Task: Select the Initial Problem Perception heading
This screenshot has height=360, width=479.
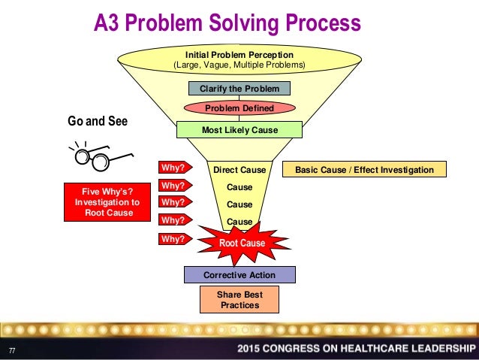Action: click(239, 55)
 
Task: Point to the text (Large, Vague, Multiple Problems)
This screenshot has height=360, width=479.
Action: click(239, 65)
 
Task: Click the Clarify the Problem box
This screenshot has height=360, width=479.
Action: click(239, 89)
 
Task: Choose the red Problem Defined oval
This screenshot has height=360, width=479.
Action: click(239, 108)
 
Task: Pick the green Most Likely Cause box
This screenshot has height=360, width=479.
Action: click(239, 130)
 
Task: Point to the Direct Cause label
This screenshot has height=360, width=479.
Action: click(239, 170)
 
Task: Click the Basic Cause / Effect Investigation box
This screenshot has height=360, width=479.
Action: click(364, 170)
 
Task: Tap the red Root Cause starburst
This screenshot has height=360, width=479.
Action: click(242, 244)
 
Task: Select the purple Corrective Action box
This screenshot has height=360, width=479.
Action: click(239, 275)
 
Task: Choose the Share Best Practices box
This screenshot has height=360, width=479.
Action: click(239, 300)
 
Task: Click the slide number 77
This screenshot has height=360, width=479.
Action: click(12, 349)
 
